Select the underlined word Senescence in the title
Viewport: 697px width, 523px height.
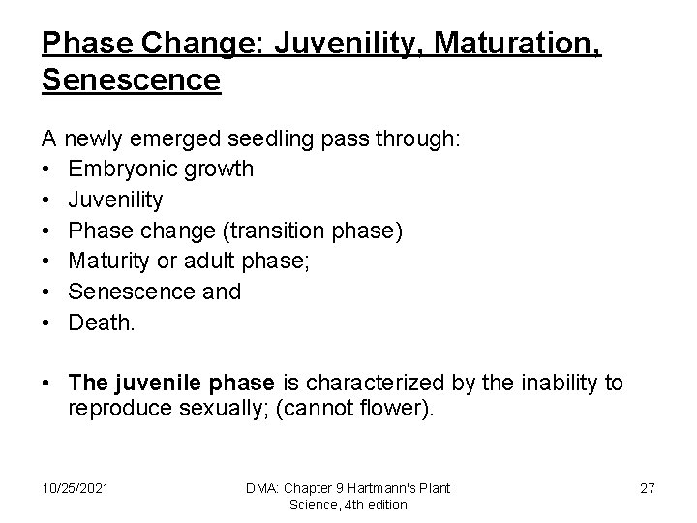click(x=132, y=79)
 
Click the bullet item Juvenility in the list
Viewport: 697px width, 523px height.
click(x=115, y=200)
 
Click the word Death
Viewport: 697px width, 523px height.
click(x=101, y=323)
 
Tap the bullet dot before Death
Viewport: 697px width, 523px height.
click(x=48, y=323)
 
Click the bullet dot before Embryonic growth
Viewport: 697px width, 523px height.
click(x=48, y=169)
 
